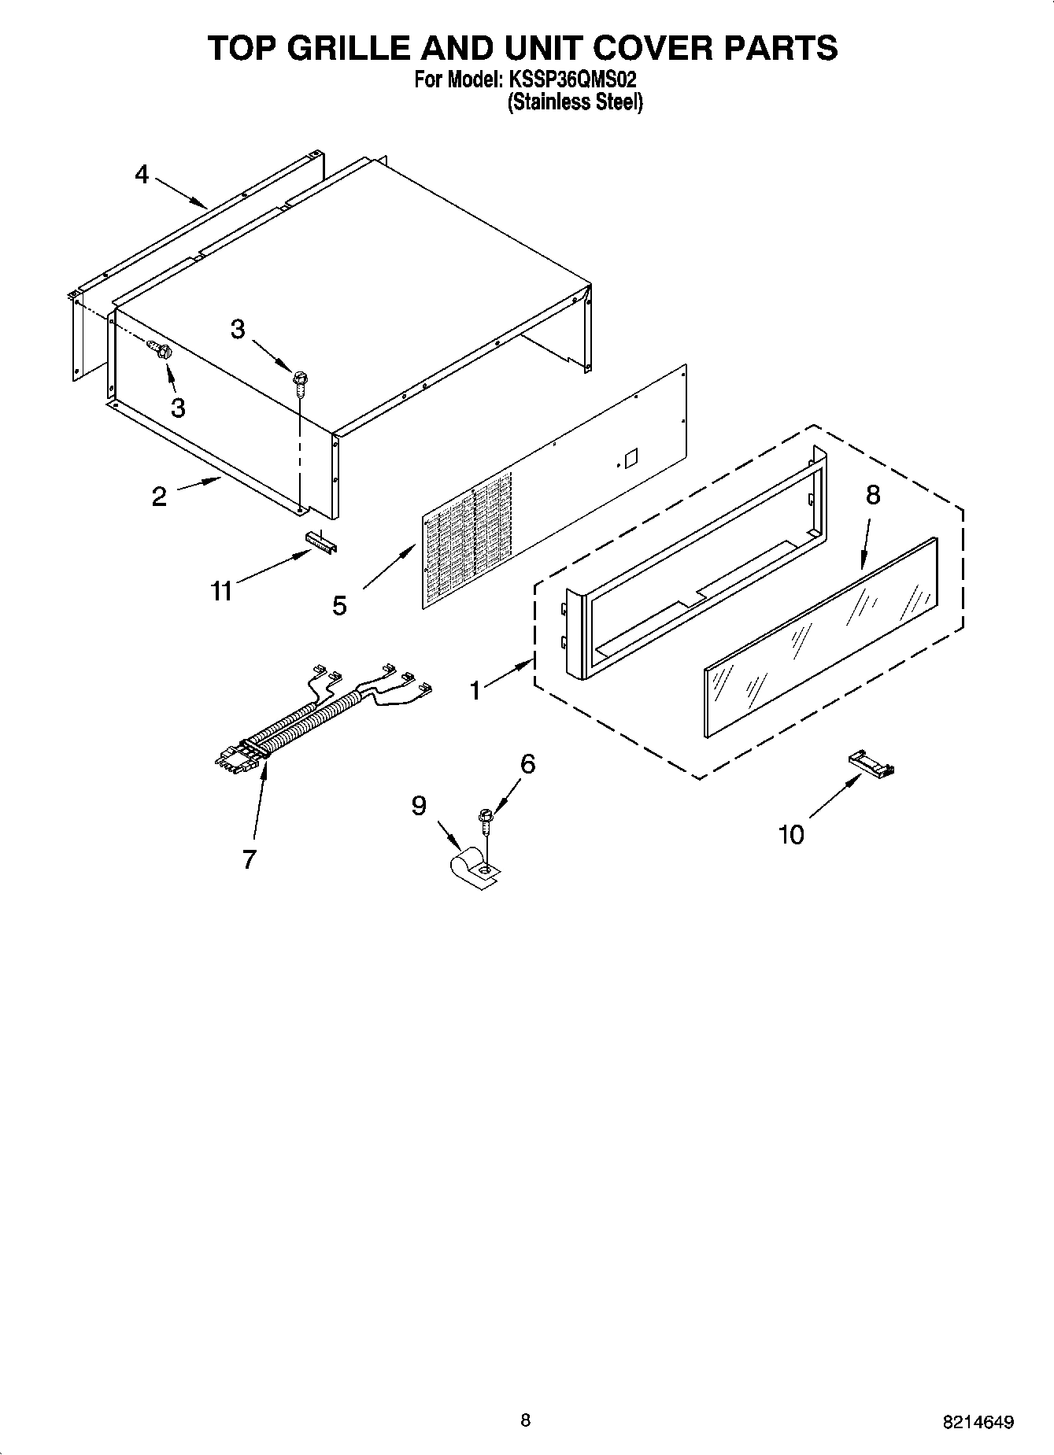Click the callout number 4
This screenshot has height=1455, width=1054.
tap(142, 174)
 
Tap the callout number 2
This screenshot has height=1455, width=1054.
tap(159, 497)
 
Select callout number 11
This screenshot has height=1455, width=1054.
tap(222, 589)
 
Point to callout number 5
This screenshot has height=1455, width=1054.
tap(339, 605)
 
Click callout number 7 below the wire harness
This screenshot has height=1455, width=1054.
tap(249, 859)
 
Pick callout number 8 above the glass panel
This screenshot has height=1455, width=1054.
tap(872, 495)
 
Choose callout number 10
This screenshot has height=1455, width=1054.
tap(791, 834)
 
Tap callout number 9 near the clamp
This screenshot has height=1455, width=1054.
tap(419, 805)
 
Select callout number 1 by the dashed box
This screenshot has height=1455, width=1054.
tap(475, 690)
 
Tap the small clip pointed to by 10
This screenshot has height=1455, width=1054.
tap(871, 764)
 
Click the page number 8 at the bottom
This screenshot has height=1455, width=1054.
tap(526, 1420)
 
